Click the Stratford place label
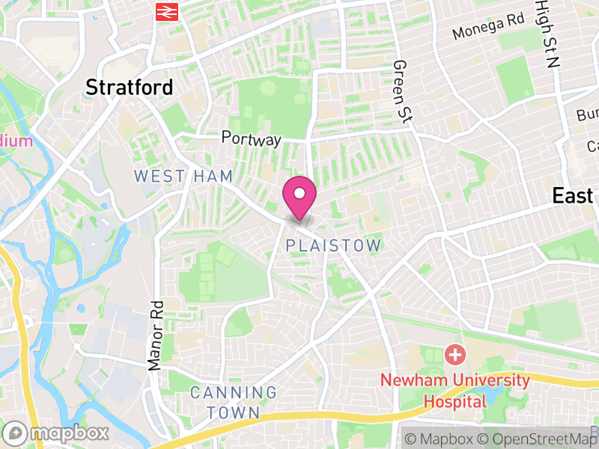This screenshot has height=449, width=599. tap(129, 87)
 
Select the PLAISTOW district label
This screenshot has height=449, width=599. tap(334, 245)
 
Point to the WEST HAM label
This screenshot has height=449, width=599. tap(183, 176)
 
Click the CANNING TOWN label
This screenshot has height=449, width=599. tap(233, 402)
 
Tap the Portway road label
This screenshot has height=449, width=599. tap(251, 139)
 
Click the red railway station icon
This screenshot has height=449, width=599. tap(165, 11)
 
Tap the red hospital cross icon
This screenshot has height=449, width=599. tap(454, 354)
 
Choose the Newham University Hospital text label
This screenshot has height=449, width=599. tap(455, 390)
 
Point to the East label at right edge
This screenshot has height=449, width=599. tap(573, 196)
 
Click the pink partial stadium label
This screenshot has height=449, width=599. tap(16, 140)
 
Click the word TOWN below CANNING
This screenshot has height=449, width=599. tap(233, 412)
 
